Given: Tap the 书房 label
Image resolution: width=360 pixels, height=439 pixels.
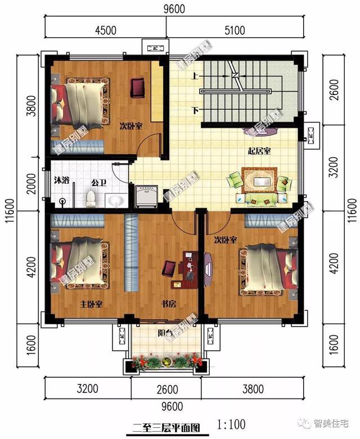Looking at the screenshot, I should click(169, 304).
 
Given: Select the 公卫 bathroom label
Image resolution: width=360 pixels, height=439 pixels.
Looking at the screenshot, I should click(99, 183).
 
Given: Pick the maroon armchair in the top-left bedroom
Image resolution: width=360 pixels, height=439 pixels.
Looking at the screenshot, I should click(138, 87).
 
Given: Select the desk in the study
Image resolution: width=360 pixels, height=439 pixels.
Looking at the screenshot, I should click(186, 264).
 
